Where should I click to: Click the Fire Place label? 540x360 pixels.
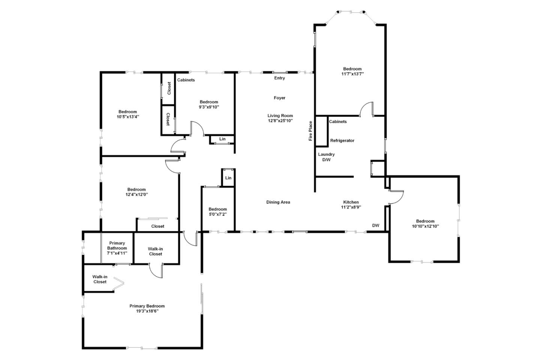click(x=310, y=131)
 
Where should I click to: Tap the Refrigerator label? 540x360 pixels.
click(x=342, y=141)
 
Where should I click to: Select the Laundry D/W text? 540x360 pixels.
click(x=326, y=157)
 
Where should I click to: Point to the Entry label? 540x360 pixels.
click(x=279, y=78)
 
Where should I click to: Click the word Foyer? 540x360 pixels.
click(x=279, y=98)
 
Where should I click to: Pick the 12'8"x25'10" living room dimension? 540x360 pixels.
click(x=280, y=121)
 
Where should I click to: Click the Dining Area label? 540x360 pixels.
click(x=278, y=202)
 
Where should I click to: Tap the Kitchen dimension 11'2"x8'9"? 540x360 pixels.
click(x=351, y=207)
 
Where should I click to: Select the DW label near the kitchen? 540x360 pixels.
click(x=375, y=225)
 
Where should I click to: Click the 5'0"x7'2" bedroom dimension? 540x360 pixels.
click(x=217, y=214)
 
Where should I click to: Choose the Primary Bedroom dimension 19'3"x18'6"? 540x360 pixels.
click(x=147, y=311)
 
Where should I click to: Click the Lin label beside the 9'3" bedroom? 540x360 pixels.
click(x=222, y=139)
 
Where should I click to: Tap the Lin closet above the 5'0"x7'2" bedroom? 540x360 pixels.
click(x=228, y=178)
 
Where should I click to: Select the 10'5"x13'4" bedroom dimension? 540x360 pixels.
click(x=127, y=117)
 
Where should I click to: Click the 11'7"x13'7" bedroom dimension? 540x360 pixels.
click(x=352, y=74)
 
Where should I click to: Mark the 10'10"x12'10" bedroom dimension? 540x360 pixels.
click(x=425, y=226)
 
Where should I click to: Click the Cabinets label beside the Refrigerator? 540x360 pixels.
click(x=337, y=121)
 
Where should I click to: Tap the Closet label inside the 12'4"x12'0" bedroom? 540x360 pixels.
click(x=157, y=226)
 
